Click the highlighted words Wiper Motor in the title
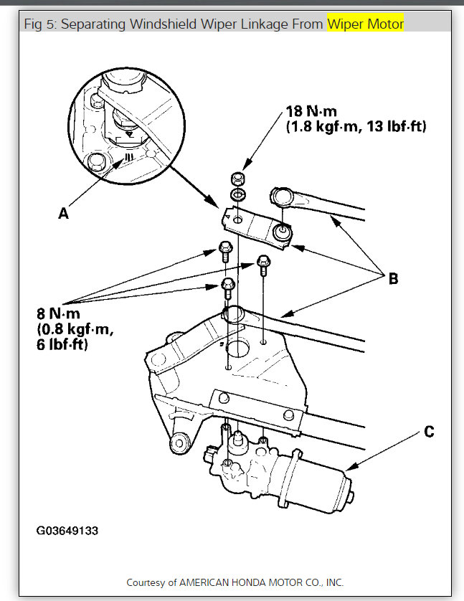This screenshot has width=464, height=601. click(x=365, y=25)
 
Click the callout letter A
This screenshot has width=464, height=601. click(x=64, y=213)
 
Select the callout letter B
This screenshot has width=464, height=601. click(x=393, y=279)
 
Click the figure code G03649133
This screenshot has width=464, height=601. click(x=67, y=531)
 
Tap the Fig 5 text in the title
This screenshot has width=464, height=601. click(x=42, y=25)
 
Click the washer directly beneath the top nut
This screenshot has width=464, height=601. click(x=237, y=194)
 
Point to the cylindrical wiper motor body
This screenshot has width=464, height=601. click(x=316, y=488)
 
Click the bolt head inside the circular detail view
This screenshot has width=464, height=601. click(x=95, y=164)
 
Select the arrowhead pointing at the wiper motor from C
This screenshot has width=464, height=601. click(x=349, y=469)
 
